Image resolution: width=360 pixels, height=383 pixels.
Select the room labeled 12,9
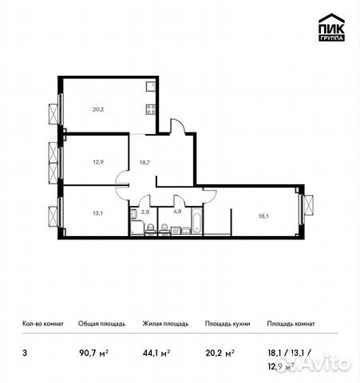(97, 162)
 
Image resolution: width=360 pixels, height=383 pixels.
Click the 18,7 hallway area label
(145, 162)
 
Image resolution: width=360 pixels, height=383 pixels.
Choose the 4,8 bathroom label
(177, 212)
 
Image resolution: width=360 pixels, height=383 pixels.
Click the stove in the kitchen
(149, 110)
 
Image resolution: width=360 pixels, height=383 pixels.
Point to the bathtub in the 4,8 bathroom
(192, 230)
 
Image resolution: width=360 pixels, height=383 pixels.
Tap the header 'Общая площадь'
(99, 324)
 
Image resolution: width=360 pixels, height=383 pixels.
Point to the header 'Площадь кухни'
(227, 324)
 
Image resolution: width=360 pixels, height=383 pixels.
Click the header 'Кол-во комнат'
(40, 324)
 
